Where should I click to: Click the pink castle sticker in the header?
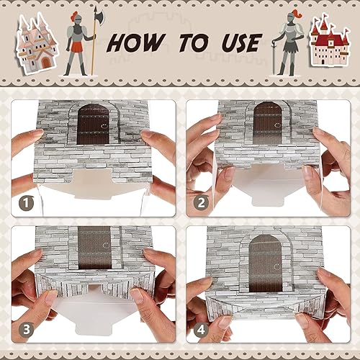36,42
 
